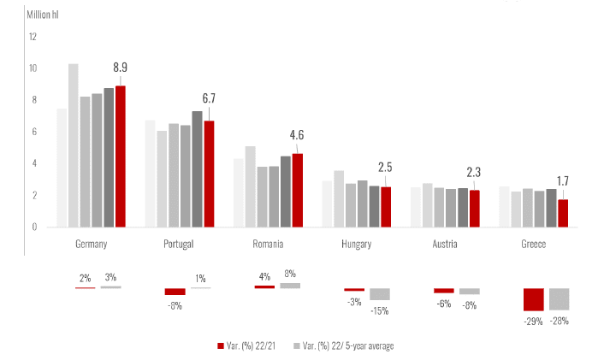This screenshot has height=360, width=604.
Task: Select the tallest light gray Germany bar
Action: (74, 145)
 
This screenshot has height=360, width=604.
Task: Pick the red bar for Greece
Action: (562, 213)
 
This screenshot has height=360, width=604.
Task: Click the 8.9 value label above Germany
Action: (120, 68)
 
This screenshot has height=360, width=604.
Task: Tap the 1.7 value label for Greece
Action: (562, 181)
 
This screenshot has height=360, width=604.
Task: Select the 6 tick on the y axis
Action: (34, 132)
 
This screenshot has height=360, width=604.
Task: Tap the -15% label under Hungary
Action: (380, 310)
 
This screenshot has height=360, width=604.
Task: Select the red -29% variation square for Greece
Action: (534, 299)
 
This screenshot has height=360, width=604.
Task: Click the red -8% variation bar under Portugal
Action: (175, 292)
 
